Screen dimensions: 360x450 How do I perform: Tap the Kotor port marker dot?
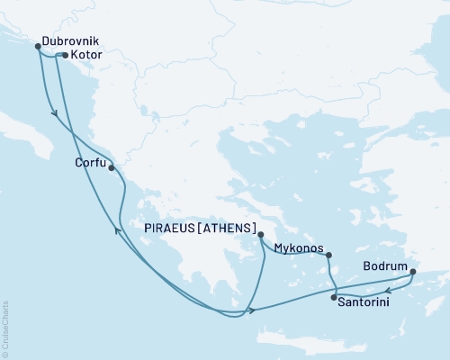(61, 55)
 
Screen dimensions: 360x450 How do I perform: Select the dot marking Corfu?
(111, 166)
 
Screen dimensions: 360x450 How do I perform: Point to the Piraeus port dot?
(260, 235)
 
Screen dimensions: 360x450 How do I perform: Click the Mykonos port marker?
(328, 255)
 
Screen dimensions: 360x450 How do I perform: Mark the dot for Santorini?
(334, 297)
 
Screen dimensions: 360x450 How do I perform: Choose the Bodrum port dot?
(413, 271)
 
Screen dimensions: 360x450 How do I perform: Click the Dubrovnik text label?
(70, 40)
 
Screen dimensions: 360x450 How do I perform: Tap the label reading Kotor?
(85, 56)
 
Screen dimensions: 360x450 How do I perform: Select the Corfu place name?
(90, 164)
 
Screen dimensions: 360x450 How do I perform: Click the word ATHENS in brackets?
(226, 227)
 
